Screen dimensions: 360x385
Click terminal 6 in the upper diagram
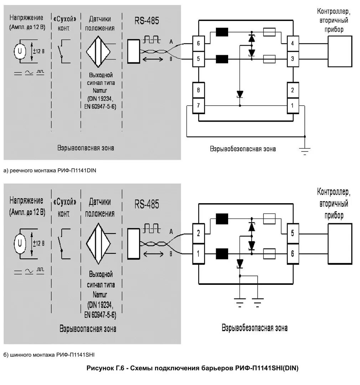(x=199, y=43)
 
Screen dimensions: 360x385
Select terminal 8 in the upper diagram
(x=199, y=90)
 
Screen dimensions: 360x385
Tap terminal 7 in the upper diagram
(x=199, y=106)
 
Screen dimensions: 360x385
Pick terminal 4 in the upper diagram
(x=293, y=43)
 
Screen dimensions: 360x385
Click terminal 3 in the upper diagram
(x=293, y=59)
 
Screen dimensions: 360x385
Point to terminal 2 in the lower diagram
(x=199, y=233)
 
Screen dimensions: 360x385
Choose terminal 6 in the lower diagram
(x=293, y=254)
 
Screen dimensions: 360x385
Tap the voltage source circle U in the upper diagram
(x=20, y=51)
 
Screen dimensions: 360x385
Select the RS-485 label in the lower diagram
(x=146, y=204)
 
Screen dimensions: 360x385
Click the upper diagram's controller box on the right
(x=340, y=51)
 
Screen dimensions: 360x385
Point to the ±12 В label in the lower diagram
(x=39, y=243)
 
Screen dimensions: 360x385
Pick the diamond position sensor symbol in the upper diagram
(x=98, y=52)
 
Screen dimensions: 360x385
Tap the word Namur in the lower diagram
(x=100, y=294)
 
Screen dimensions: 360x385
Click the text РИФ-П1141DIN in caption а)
(x=77, y=170)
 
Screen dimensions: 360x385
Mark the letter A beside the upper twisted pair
(x=171, y=42)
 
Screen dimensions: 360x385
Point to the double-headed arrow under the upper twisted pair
(x=153, y=59)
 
